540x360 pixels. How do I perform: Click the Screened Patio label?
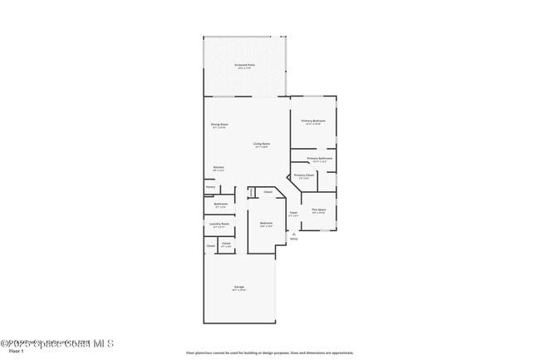pos(245,64)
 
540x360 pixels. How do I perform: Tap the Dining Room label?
pos(219,124)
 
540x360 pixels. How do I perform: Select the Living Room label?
pos(261,144)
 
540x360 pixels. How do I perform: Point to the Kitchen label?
pos(218,167)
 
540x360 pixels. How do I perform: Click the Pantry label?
pos(210,187)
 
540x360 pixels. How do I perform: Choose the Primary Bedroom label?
pos(313,121)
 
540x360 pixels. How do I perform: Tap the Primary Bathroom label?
pos(320,158)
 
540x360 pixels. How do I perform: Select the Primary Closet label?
pos(304,175)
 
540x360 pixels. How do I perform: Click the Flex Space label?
pos(319,210)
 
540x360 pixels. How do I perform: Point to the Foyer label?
pos(293,213)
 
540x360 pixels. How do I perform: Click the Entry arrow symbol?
pos(293,234)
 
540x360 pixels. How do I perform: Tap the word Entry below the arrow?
pos(293,239)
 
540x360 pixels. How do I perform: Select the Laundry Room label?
pos(219,224)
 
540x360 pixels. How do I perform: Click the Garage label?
pos(238,287)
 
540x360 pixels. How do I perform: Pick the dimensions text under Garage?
pos(238,290)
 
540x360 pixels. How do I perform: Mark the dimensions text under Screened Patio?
pos(245,67)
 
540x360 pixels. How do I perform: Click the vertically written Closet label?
pos(251,193)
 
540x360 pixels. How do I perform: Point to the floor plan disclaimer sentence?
pos(269,353)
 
